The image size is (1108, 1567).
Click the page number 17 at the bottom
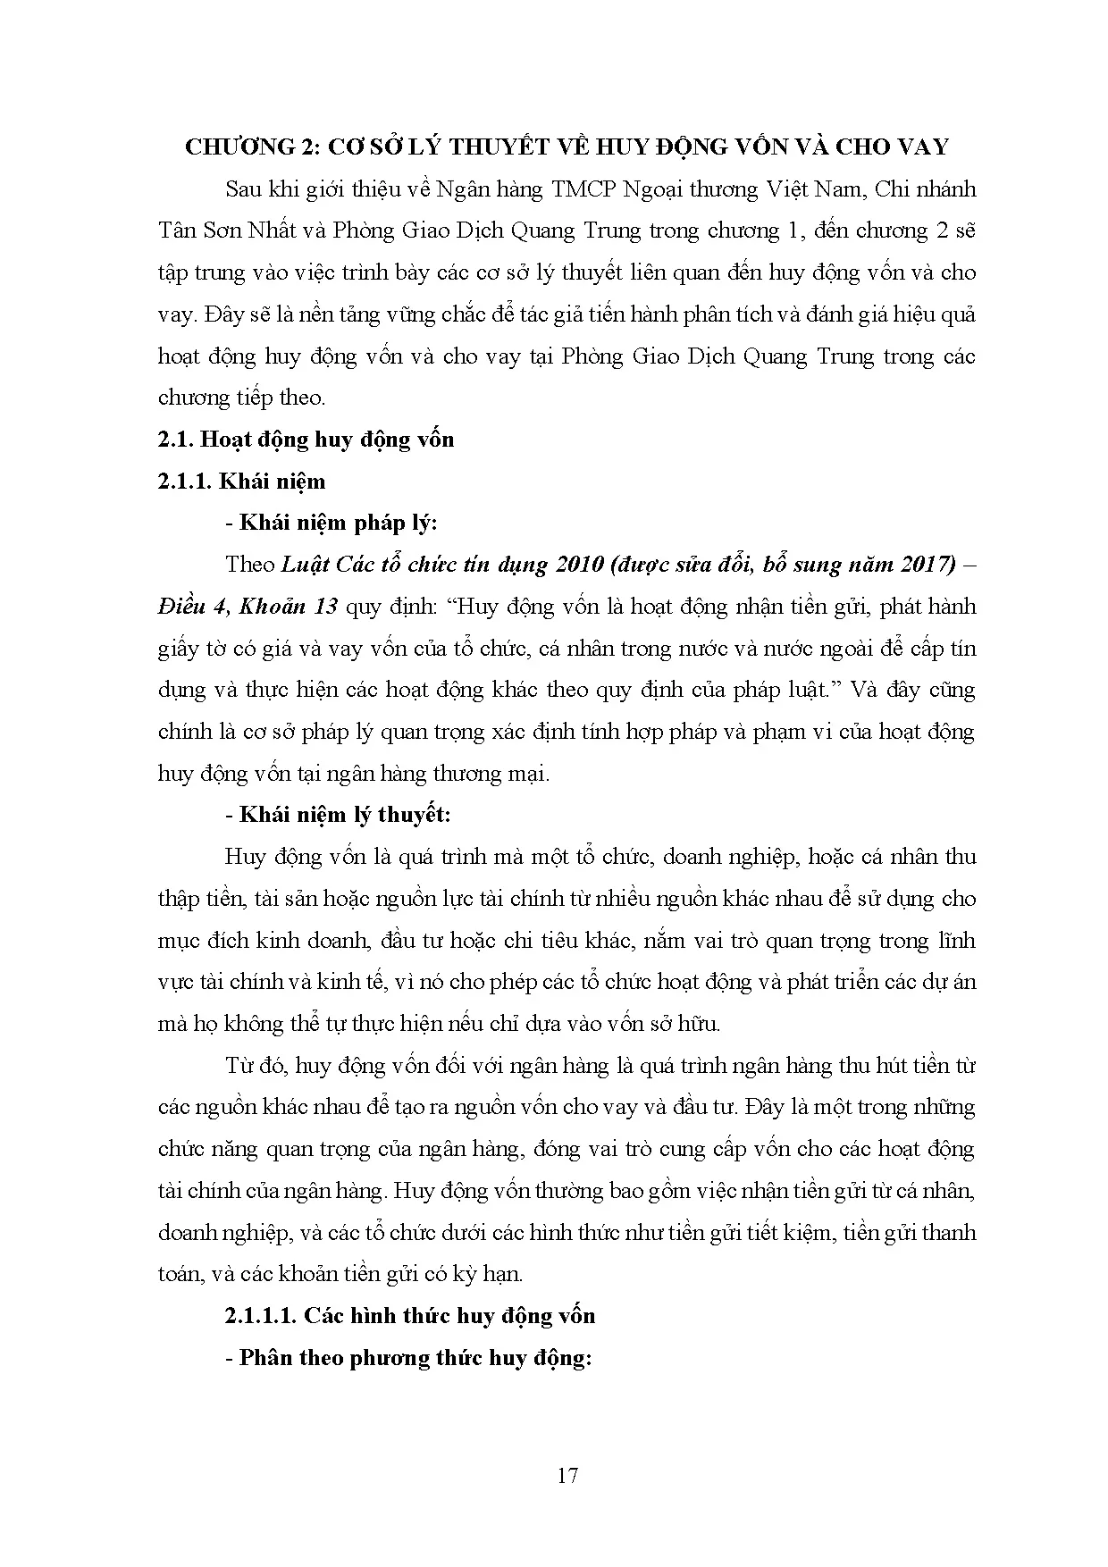(x=567, y=1475)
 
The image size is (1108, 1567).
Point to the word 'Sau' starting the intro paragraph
(x=244, y=189)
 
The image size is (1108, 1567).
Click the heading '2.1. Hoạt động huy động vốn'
(x=306, y=439)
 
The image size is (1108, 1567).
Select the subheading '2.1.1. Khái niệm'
(x=241, y=481)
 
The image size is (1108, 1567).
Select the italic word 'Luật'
(x=302, y=565)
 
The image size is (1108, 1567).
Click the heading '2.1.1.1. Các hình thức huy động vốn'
(x=410, y=1315)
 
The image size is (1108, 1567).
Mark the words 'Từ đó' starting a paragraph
(x=256, y=1066)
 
